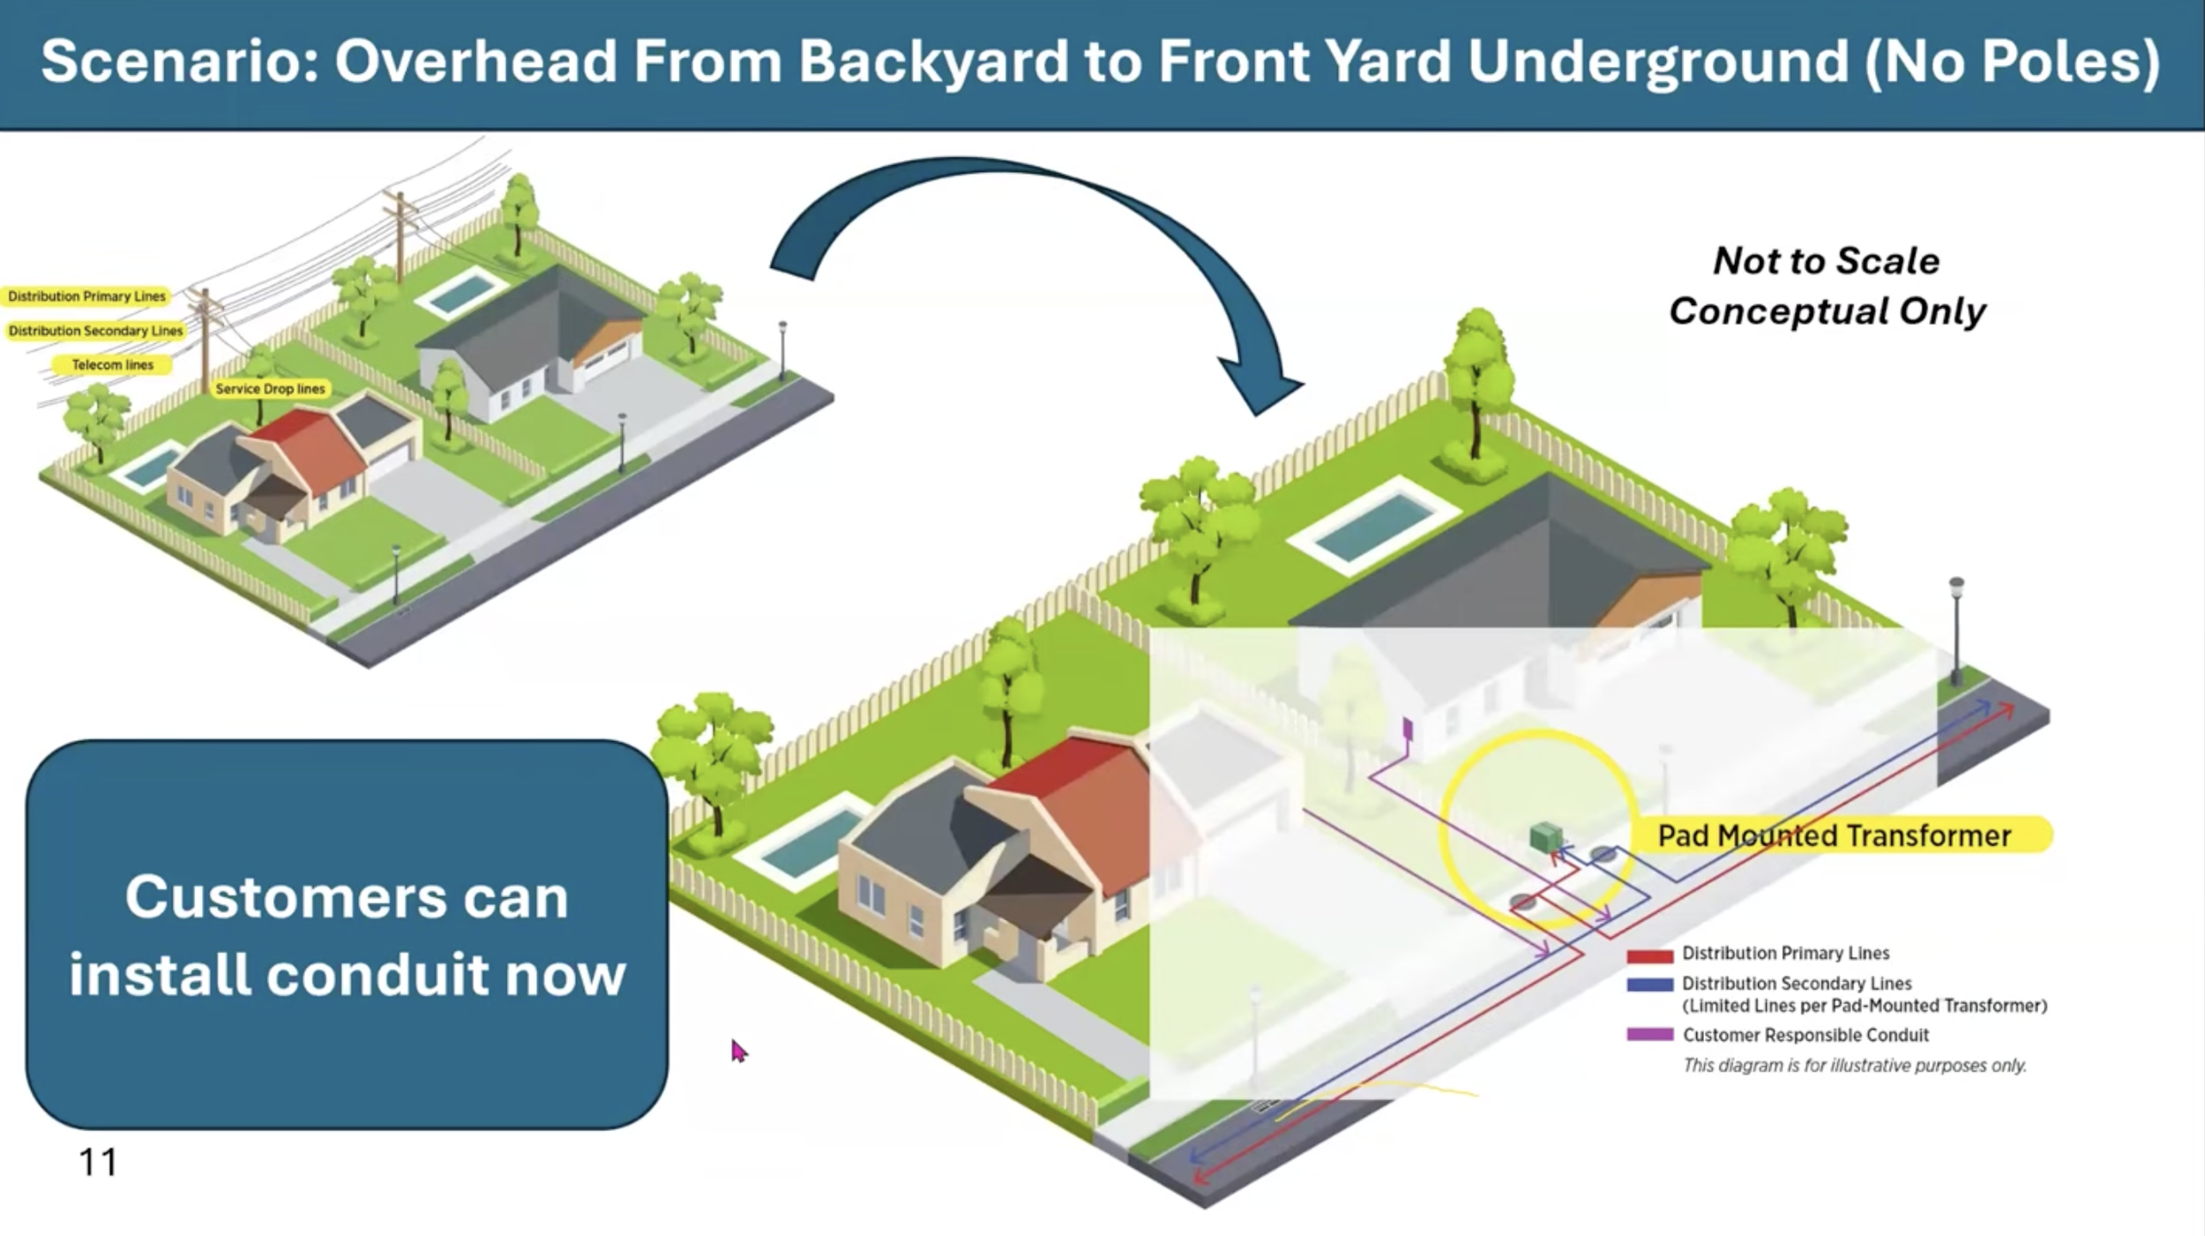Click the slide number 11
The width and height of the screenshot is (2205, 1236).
pos(98,1163)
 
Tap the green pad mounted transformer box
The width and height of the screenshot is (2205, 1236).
pos(1544,836)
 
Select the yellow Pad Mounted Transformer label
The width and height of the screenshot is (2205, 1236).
pos(1835,835)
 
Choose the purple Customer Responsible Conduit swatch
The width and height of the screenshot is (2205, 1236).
pos(1649,1035)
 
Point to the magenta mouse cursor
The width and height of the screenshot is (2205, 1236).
pos(737,1050)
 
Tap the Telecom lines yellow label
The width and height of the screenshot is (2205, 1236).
pos(112,364)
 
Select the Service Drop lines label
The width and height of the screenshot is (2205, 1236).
pos(270,389)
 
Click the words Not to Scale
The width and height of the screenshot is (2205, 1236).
pos(1826,261)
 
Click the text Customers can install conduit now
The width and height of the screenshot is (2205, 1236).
pos(347,935)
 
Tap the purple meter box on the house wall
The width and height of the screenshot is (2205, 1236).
pos(1408,729)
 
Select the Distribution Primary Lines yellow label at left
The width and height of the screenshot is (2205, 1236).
pos(86,296)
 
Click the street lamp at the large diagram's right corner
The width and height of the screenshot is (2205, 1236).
pos(1956,626)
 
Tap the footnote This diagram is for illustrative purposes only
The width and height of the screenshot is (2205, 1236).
pos(1854,1066)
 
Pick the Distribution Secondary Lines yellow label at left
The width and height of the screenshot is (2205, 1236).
pos(95,331)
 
